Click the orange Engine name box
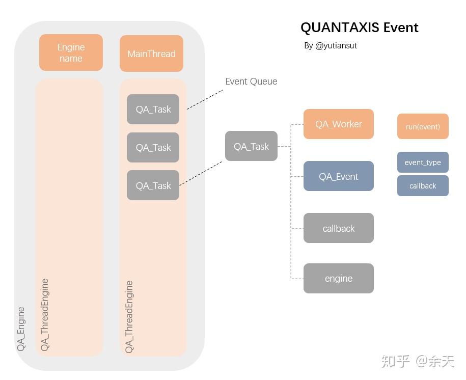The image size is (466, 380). tap(71, 52)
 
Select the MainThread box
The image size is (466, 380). tap(151, 53)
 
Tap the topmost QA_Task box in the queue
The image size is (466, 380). tap(153, 109)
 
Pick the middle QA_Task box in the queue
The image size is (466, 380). tap(153, 147)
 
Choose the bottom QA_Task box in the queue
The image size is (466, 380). tap(153, 185)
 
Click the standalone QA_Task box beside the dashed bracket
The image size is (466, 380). tap(251, 146)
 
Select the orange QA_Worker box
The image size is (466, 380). tap(338, 124)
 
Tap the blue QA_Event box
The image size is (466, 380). tap(338, 176)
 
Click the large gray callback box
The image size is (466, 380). tap(338, 228)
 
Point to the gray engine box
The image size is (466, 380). tap(338, 278)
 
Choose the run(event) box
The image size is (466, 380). tap(423, 126)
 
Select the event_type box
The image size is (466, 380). tap(423, 162)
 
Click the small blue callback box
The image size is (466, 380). tap(423, 186)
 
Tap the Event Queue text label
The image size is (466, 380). tap(251, 82)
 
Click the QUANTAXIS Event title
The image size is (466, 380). tap(359, 28)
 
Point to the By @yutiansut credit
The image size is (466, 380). tap(331, 45)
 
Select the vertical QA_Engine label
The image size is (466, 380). tap(21, 329)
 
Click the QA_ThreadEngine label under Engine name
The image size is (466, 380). tap(45, 314)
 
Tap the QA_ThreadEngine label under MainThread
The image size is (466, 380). tap(129, 316)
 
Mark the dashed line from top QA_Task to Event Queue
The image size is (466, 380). tap(205, 99)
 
